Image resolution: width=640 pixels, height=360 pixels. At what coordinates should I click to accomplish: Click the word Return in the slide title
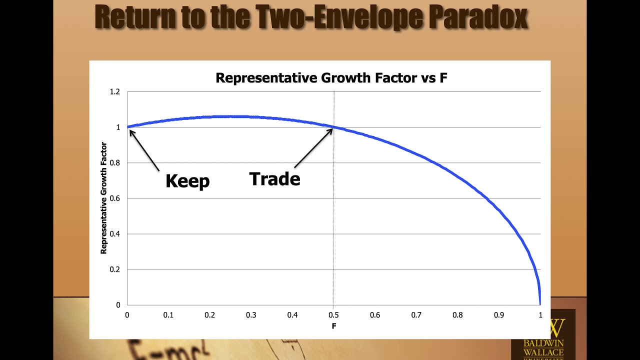click(x=135, y=16)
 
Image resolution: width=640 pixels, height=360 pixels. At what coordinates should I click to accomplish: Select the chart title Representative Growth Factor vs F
click(x=331, y=78)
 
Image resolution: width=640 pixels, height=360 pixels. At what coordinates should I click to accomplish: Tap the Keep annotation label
click(x=187, y=180)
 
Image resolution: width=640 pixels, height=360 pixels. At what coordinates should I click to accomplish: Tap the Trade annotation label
click(x=274, y=178)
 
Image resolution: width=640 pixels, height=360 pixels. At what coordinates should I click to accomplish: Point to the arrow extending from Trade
click(x=313, y=148)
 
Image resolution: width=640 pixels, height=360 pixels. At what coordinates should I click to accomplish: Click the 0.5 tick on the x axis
click(x=333, y=315)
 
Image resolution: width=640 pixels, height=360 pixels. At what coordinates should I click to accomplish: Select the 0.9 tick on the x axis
click(x=499, y=315)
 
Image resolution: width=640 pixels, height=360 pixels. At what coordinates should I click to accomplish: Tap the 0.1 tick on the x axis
click(x=168, y=315)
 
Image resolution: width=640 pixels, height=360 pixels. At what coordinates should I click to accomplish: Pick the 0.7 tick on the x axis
click(x=416, y=315)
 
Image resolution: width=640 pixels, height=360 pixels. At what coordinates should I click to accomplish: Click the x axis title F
click(x=333, y=326)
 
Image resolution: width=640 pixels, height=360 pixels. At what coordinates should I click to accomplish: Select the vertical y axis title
click(x=104, y=198)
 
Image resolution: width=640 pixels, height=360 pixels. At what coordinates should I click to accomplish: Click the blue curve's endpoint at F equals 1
click(x=540, y=303)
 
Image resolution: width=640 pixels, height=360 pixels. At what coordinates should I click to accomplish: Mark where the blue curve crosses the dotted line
click(x=334, y=127)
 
